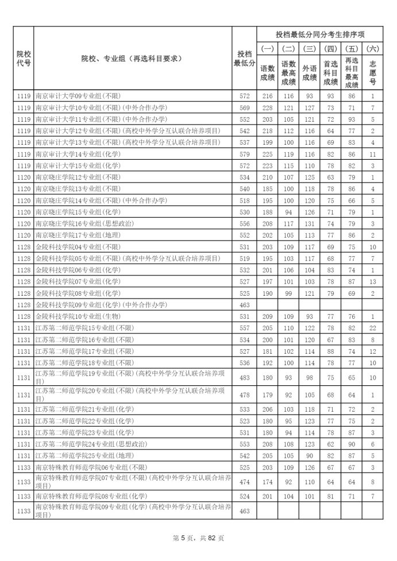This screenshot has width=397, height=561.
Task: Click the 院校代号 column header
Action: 24,58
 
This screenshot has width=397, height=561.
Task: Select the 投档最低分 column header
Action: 244,58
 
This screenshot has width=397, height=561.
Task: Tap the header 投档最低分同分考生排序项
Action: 320,34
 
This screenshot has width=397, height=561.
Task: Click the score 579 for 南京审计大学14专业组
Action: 244,154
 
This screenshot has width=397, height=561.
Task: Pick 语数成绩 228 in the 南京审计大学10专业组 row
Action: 268,107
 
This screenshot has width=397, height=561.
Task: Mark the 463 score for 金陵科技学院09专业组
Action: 244,305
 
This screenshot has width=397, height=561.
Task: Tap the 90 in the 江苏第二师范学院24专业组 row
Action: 352,444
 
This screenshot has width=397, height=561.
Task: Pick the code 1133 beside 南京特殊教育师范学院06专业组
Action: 24,467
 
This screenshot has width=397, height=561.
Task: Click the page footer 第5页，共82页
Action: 198,538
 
